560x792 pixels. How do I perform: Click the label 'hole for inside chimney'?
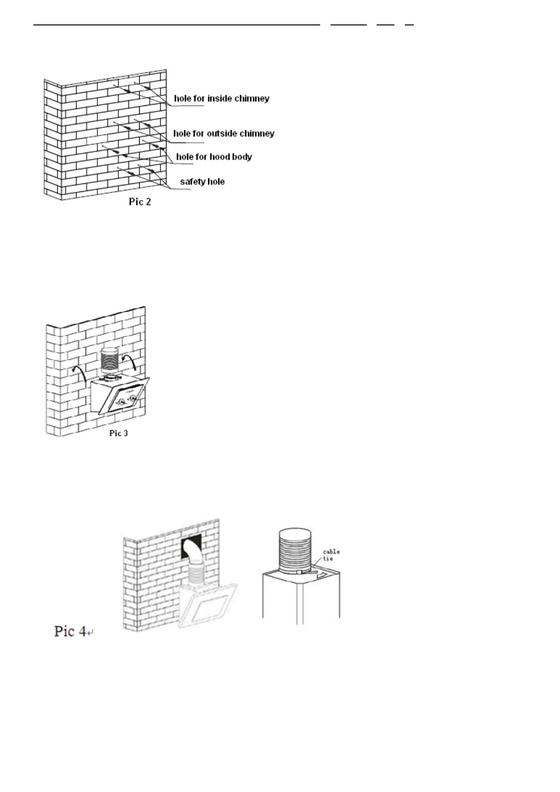click(x=221, y=99)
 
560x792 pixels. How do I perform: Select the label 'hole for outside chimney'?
click(x=224, y=134)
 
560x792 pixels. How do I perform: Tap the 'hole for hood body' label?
click(x=214, y=157)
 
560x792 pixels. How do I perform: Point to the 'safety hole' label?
click(x=202, y=182)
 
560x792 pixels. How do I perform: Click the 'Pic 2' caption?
click(x=140, y=202)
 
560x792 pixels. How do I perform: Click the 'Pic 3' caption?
click(x=118, y=433)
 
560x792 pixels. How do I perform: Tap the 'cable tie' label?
click(x=331, y=555)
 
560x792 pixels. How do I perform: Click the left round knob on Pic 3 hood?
click(x=121, y=403)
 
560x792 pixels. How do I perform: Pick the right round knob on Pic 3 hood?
click(x=134, y=398)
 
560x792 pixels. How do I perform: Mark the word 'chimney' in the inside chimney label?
click(x=253, y=99)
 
